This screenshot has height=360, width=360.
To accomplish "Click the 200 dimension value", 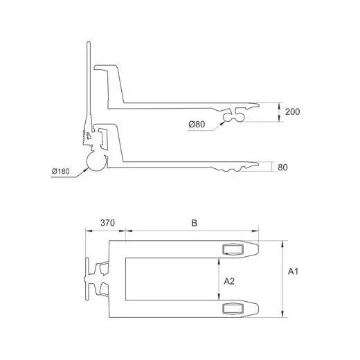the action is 292,111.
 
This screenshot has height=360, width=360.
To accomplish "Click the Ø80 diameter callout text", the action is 197,125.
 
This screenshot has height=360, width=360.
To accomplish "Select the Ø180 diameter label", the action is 61,171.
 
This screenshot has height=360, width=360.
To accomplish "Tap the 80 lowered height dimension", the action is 282,168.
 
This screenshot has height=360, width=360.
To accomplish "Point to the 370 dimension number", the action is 107,223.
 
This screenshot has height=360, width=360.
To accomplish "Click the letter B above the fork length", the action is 195,223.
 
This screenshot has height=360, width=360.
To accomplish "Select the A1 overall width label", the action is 293,271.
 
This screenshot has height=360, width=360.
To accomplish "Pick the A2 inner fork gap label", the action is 229,281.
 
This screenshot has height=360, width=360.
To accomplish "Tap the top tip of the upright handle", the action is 89,42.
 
